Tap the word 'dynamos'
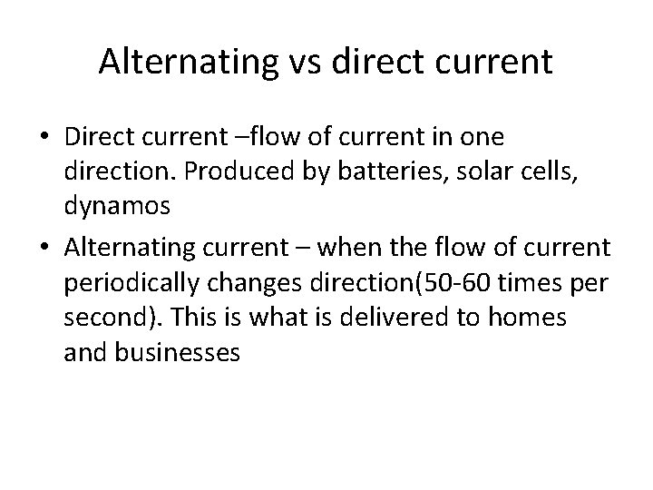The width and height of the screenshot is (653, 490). click(x=117, y=206)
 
